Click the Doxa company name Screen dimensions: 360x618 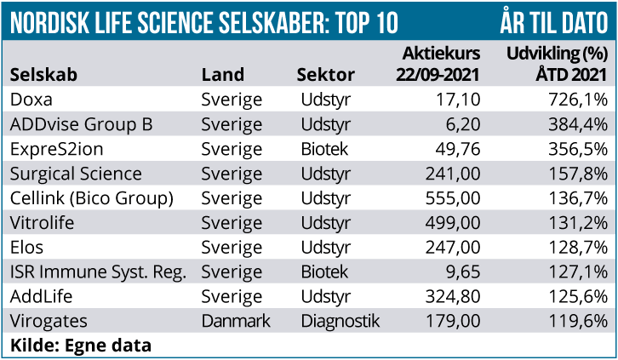click(31, 100)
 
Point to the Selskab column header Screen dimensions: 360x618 click(44, 75)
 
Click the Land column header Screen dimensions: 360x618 click(222, 75)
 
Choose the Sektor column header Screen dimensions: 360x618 click(325, 75)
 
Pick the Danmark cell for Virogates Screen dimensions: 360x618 click(236, 322)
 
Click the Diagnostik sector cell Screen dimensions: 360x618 click(340, 322)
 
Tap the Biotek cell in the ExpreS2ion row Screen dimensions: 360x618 click(324, 149)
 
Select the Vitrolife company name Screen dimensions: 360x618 click(42, 223)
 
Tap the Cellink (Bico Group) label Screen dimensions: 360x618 click(92, 198)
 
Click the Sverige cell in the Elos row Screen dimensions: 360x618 click(232, 248)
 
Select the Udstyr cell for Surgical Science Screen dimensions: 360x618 click(325, 174)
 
